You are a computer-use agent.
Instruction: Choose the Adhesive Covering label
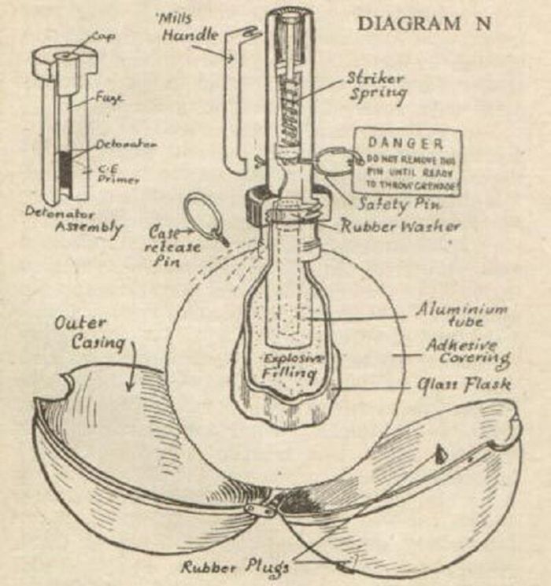tap(467, 353)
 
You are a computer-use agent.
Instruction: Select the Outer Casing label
tap(81, 333)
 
